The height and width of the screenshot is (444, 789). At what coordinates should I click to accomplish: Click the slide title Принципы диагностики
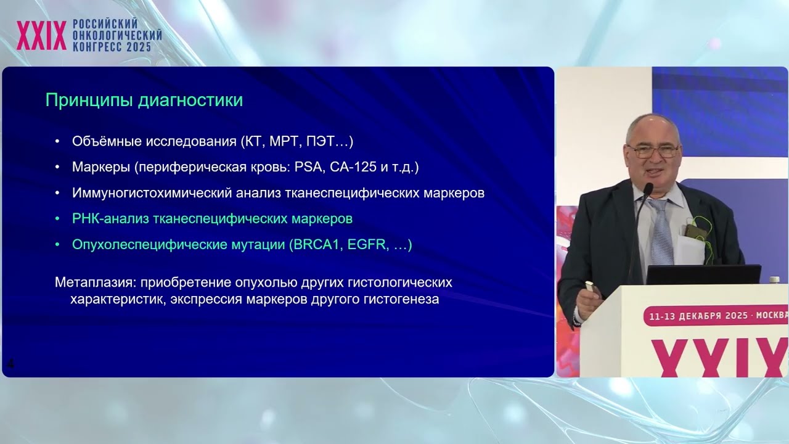pos(144,101)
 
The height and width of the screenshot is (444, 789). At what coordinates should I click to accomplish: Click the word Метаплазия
pos(95,283)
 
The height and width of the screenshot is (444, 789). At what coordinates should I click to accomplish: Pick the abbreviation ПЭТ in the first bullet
pos(325,141)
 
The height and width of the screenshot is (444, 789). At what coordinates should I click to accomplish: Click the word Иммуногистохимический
pos(152,193)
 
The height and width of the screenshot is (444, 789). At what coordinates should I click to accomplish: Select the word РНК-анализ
pos(107,219)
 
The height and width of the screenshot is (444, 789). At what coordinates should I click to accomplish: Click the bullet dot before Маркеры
pos(57,168)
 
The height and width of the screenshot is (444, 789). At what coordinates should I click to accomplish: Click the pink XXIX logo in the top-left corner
pos(41,35)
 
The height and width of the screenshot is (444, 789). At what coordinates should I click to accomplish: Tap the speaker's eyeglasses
pos(653,150)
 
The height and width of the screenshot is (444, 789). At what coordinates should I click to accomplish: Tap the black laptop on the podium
pos(703,275)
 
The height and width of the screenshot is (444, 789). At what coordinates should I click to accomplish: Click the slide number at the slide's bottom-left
pos(10,364)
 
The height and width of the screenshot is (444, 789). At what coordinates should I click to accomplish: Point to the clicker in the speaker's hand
pos(589,287)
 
